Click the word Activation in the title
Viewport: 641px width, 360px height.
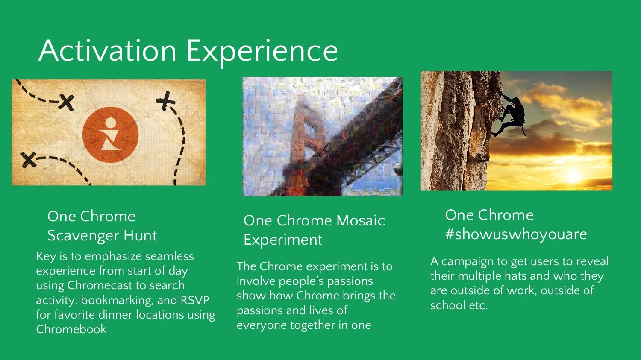click(x=107, y=51)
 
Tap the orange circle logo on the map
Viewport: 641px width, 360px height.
click(x=110, y=135)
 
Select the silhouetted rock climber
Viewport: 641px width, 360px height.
click(x=510, y=116)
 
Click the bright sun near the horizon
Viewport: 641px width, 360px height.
click(x=573, y=175)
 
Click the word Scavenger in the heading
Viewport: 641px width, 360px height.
click(x=83, y=236)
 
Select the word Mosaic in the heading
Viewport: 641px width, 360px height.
click(x=361, y=220)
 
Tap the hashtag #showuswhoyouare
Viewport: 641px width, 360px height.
click(x=516, y=234)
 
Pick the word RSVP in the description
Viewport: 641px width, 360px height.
click(x=195, y=300)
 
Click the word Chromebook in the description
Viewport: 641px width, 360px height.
click(x=71, y=329)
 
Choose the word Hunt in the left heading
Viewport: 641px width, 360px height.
click(x=140, y=235)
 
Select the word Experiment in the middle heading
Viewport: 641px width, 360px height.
click(x=283, y=240)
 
